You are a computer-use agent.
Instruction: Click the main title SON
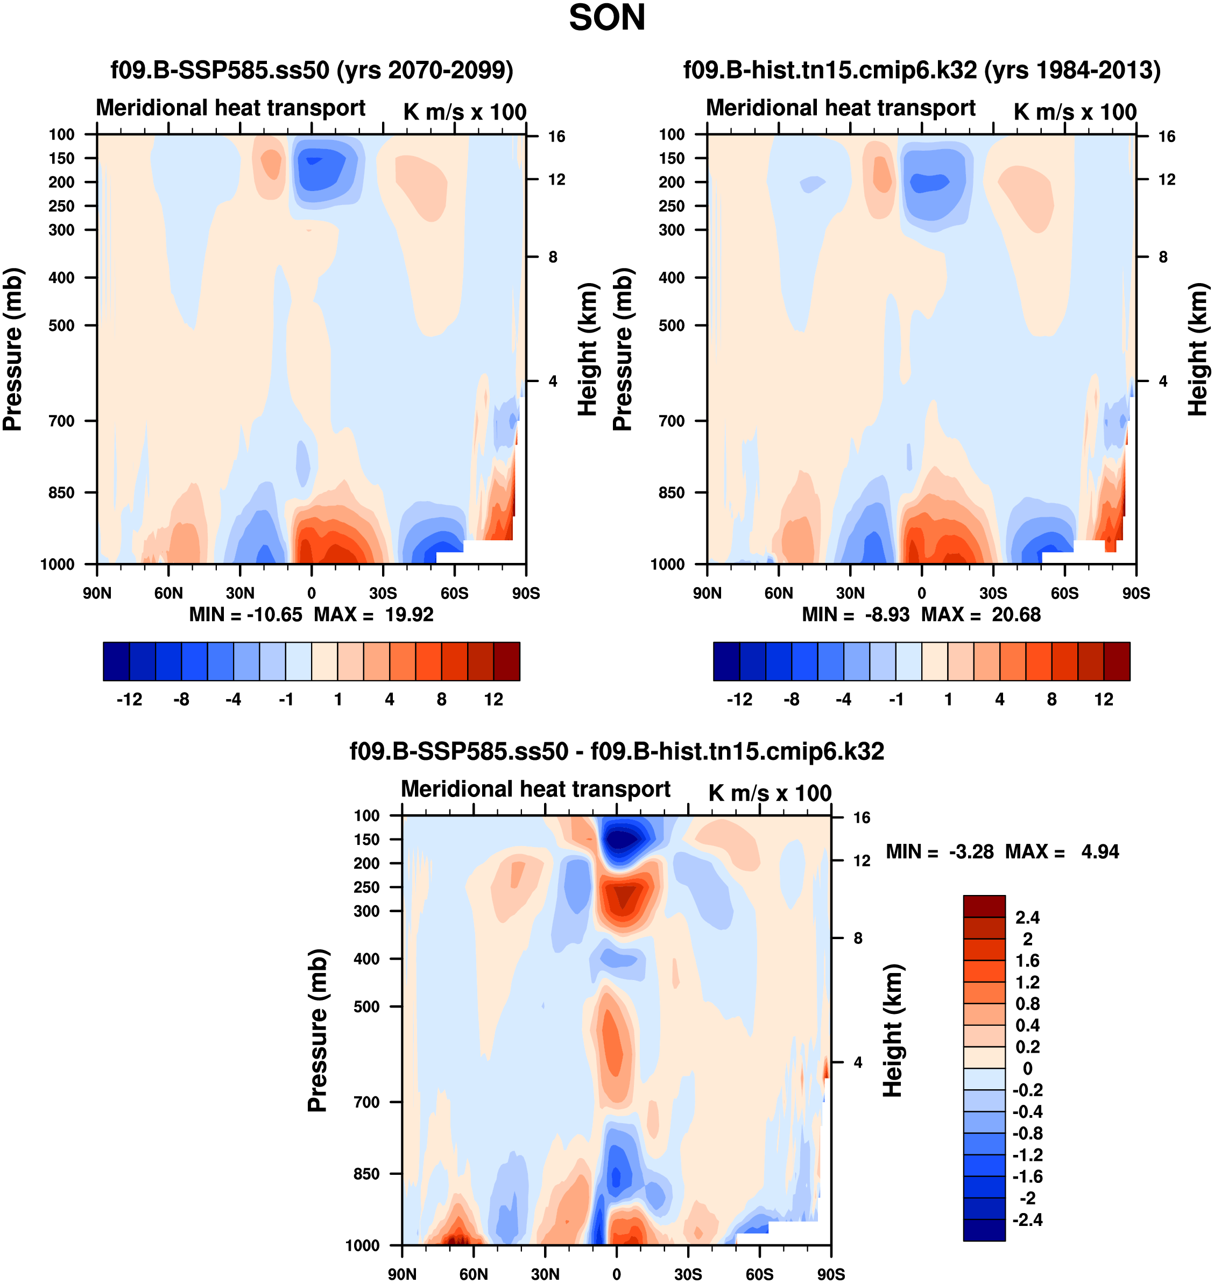point(606,18)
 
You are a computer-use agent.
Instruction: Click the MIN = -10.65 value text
point(245,614)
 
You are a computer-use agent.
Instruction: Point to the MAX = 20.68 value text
point(981,614)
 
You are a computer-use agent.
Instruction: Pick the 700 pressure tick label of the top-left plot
point(61,421)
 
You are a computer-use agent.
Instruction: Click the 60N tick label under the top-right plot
point(779,593)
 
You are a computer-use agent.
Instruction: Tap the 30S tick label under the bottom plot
point(688,1274)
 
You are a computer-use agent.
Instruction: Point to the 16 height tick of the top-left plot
point(556,137)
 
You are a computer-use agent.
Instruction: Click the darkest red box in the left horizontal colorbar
point(507,661)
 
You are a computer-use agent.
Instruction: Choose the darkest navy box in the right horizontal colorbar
point(726,661)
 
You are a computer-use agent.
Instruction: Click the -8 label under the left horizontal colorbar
point(181,699)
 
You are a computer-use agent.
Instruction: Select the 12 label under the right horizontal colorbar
point(1104,699)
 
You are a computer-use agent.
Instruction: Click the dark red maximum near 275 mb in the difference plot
point(624,896)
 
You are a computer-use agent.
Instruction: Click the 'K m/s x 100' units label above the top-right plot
point(1075,112)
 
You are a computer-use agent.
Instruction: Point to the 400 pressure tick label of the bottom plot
point(366,958)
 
